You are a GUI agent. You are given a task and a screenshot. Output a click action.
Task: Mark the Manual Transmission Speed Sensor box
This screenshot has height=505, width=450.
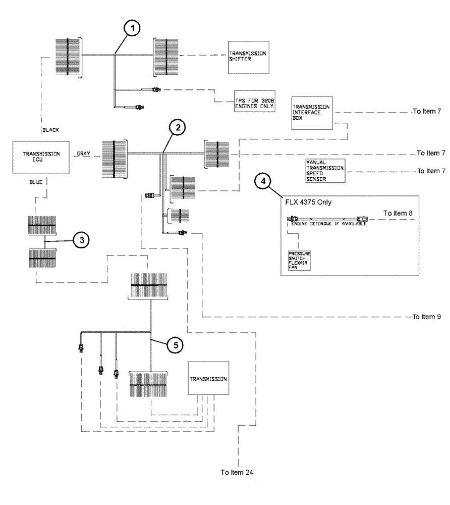coord(325,171)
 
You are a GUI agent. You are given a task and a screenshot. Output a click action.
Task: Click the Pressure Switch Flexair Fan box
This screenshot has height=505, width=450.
coord(299,260)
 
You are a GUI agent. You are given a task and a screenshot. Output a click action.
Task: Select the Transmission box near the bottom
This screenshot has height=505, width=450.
coord(208,378)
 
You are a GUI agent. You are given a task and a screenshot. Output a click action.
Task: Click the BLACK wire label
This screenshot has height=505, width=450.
coord(50,130)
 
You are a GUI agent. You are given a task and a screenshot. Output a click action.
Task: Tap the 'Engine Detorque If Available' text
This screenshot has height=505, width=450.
coord(328,223)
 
